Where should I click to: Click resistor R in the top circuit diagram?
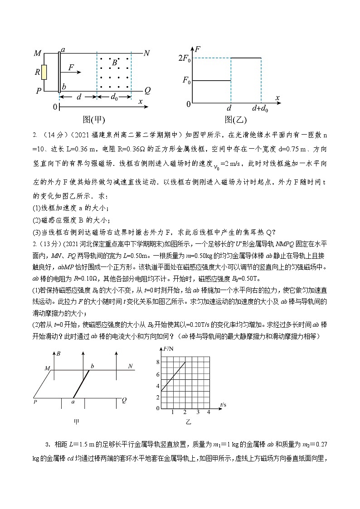[x=44, y=72]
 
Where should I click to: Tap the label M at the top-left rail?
[x=38, y=54]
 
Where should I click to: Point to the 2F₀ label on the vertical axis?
[x=185, y=58]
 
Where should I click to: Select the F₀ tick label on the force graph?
[x=186, y=81]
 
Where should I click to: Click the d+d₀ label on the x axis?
[x=261, y=109]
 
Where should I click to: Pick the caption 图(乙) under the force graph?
[x=235, y=120]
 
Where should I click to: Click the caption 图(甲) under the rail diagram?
[x=94, y=120]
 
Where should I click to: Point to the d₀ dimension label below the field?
[x=114, y=97]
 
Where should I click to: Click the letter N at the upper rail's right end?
[x=146, y=53]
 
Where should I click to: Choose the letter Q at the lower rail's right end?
[x=147, y=90]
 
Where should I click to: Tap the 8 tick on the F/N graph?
[x=158, y=362]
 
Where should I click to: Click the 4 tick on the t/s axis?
[x=209, y=412]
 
